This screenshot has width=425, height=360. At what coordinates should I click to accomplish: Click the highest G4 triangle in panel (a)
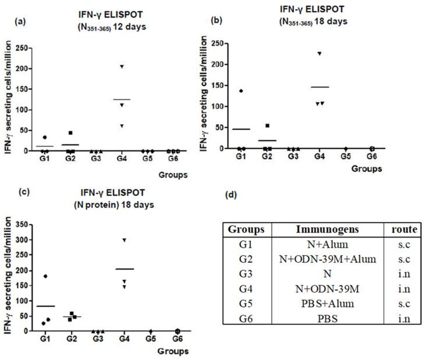coord(122,67)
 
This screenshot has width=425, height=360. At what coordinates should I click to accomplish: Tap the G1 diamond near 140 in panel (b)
coord(241,91)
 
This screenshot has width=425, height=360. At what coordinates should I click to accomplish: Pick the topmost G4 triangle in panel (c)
coord(123,241)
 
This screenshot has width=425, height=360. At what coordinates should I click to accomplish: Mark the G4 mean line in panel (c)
coord(124,269)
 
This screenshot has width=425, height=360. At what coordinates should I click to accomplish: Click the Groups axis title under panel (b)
coord(366,170)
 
